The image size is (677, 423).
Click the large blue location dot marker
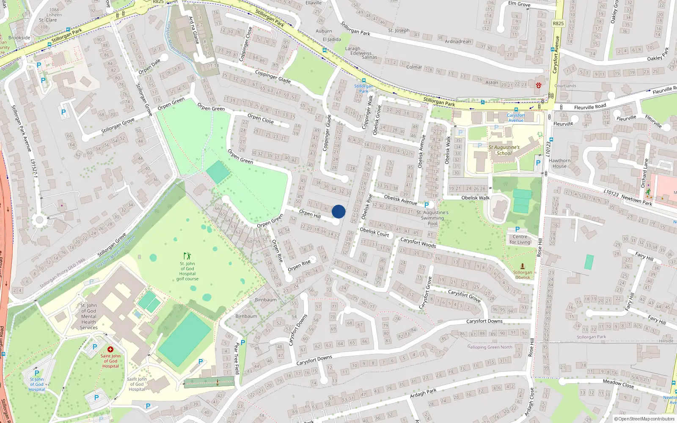point(338,211)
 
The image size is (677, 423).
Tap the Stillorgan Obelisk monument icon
point(523,266)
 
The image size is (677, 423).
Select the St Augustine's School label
point(504,150)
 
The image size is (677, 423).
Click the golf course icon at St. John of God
point(187,255)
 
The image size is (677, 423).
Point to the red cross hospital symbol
point(110,349)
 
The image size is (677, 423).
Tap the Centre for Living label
point(520,239)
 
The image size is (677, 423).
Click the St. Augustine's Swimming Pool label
point(432,218)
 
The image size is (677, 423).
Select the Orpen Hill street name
point(310,214)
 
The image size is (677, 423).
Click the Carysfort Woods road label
point(418,242)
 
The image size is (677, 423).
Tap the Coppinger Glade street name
point(272,76)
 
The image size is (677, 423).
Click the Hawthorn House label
point(559,163)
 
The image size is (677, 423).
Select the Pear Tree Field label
point(237,358)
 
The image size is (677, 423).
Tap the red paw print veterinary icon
point(538,85)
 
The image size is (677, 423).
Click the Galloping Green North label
point(490,347)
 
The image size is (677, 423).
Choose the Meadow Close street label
point(618,384)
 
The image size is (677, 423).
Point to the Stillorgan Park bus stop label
point(363,88)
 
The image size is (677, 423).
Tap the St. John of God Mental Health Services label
point(89,316)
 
